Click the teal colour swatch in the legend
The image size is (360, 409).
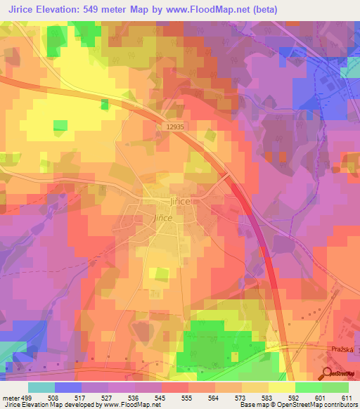point(41,387)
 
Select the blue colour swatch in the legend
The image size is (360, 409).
point(68,387)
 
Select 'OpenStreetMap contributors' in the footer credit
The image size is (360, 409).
point(324,405)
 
